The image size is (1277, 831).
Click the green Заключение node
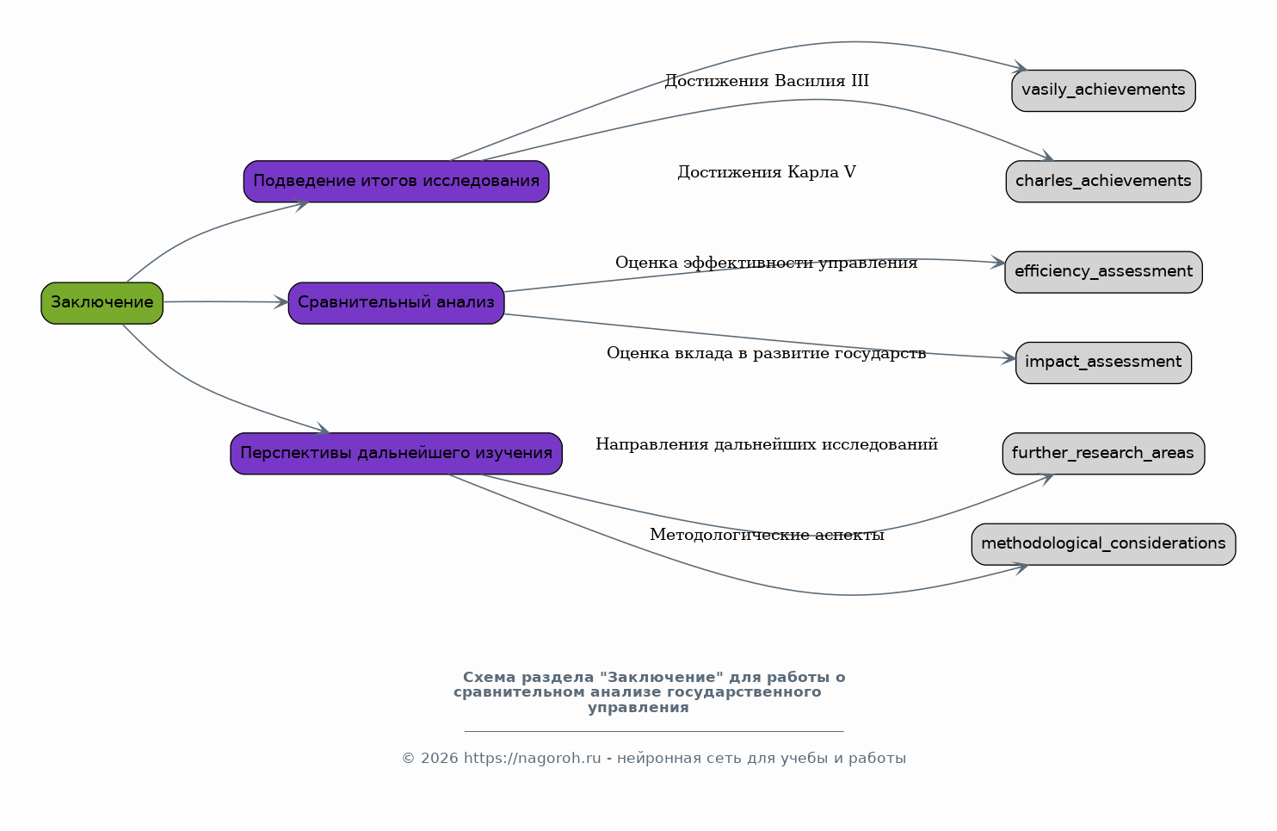[102, 303]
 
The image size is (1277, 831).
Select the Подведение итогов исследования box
[396, 182]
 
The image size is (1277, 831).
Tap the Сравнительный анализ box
[396, 303]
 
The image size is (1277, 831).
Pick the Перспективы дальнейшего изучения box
[396, 454]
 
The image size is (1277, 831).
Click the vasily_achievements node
[1103, 90]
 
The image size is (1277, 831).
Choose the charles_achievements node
[1103, 182]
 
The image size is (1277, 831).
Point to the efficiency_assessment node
[1103, 272]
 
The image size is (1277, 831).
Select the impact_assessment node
[1103, 363]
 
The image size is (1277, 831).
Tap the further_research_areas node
[1103, 454]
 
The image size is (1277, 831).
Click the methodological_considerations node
[1103, 544]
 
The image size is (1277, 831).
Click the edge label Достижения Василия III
[767, 81]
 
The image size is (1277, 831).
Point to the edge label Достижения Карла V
[767, 171]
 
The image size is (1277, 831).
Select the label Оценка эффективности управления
[766, 263]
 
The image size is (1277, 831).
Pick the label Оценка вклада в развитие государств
[766, 354]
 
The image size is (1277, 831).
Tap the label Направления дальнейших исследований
[767, 444]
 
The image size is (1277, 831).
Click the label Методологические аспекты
[767, 535]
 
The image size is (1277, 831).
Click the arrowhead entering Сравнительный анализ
[281, 302]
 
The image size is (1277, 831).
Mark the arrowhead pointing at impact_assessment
[1009, 358]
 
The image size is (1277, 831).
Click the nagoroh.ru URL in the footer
[532, 759]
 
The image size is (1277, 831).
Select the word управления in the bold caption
[638, 708]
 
